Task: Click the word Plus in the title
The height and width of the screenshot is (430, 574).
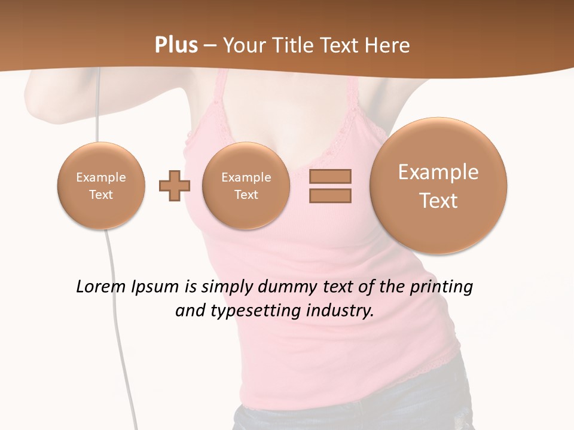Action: pos(176,45)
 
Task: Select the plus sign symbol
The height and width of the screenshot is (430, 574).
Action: pos(175,186)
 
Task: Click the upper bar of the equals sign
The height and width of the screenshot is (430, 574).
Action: pos(330,176)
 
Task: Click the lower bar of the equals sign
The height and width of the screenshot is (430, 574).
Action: pos(330,195)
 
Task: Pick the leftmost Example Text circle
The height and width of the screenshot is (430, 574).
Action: pos(101,186)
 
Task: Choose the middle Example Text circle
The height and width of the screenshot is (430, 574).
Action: pos(246,186)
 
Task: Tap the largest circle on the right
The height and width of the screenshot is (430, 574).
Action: pos(438,186)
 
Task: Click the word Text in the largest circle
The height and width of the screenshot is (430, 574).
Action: pos(438,201)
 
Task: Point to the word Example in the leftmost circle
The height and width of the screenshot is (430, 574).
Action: pos(101,177)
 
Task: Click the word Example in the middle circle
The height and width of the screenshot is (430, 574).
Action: pos(246,177)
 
